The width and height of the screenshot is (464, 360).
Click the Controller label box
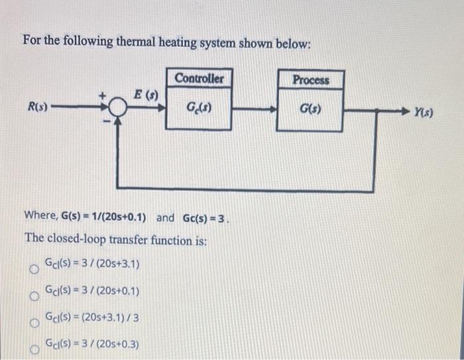(200, 79)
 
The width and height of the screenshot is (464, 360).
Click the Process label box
(311, 80)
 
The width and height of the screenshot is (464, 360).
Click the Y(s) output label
(422, 113)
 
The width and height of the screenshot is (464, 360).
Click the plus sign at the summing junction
(103, 97)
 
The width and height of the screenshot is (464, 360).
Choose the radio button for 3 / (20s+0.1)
(31, 296)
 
